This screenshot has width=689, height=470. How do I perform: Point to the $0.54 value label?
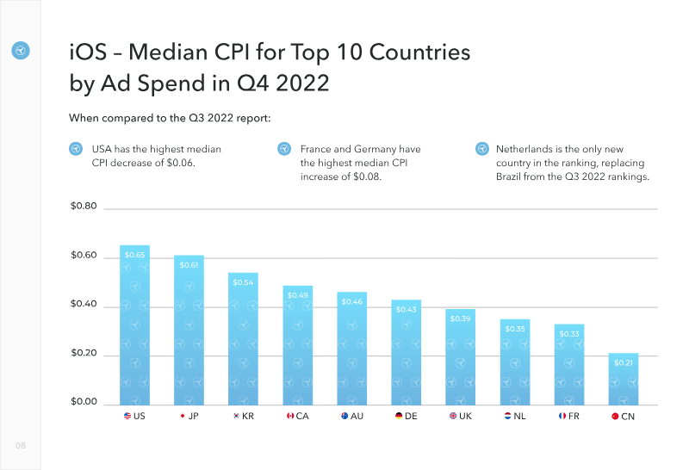click(243, 282)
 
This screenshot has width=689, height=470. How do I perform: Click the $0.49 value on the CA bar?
click(297, 295)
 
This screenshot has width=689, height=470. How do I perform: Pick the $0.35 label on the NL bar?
click(515, 329)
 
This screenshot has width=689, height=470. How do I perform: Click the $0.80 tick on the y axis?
click(84, 207)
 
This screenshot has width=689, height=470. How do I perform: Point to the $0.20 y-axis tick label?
click(84, 355)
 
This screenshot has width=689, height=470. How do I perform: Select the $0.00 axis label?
click(84, 403)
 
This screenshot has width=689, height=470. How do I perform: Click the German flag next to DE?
click(399, 417)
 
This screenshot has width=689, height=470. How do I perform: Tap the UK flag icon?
click(453, 417)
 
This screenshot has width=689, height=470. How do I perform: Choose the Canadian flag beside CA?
click(290, 417)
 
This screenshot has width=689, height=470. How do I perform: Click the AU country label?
click(357, 417)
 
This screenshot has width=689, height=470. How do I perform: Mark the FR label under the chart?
click(574, 417)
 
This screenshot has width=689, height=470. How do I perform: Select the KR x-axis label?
click(248, 417)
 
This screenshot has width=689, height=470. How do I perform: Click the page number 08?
click(20, 445)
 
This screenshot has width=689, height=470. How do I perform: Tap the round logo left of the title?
click(21, 51)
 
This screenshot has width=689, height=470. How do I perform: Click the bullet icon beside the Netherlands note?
click(481, 149)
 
